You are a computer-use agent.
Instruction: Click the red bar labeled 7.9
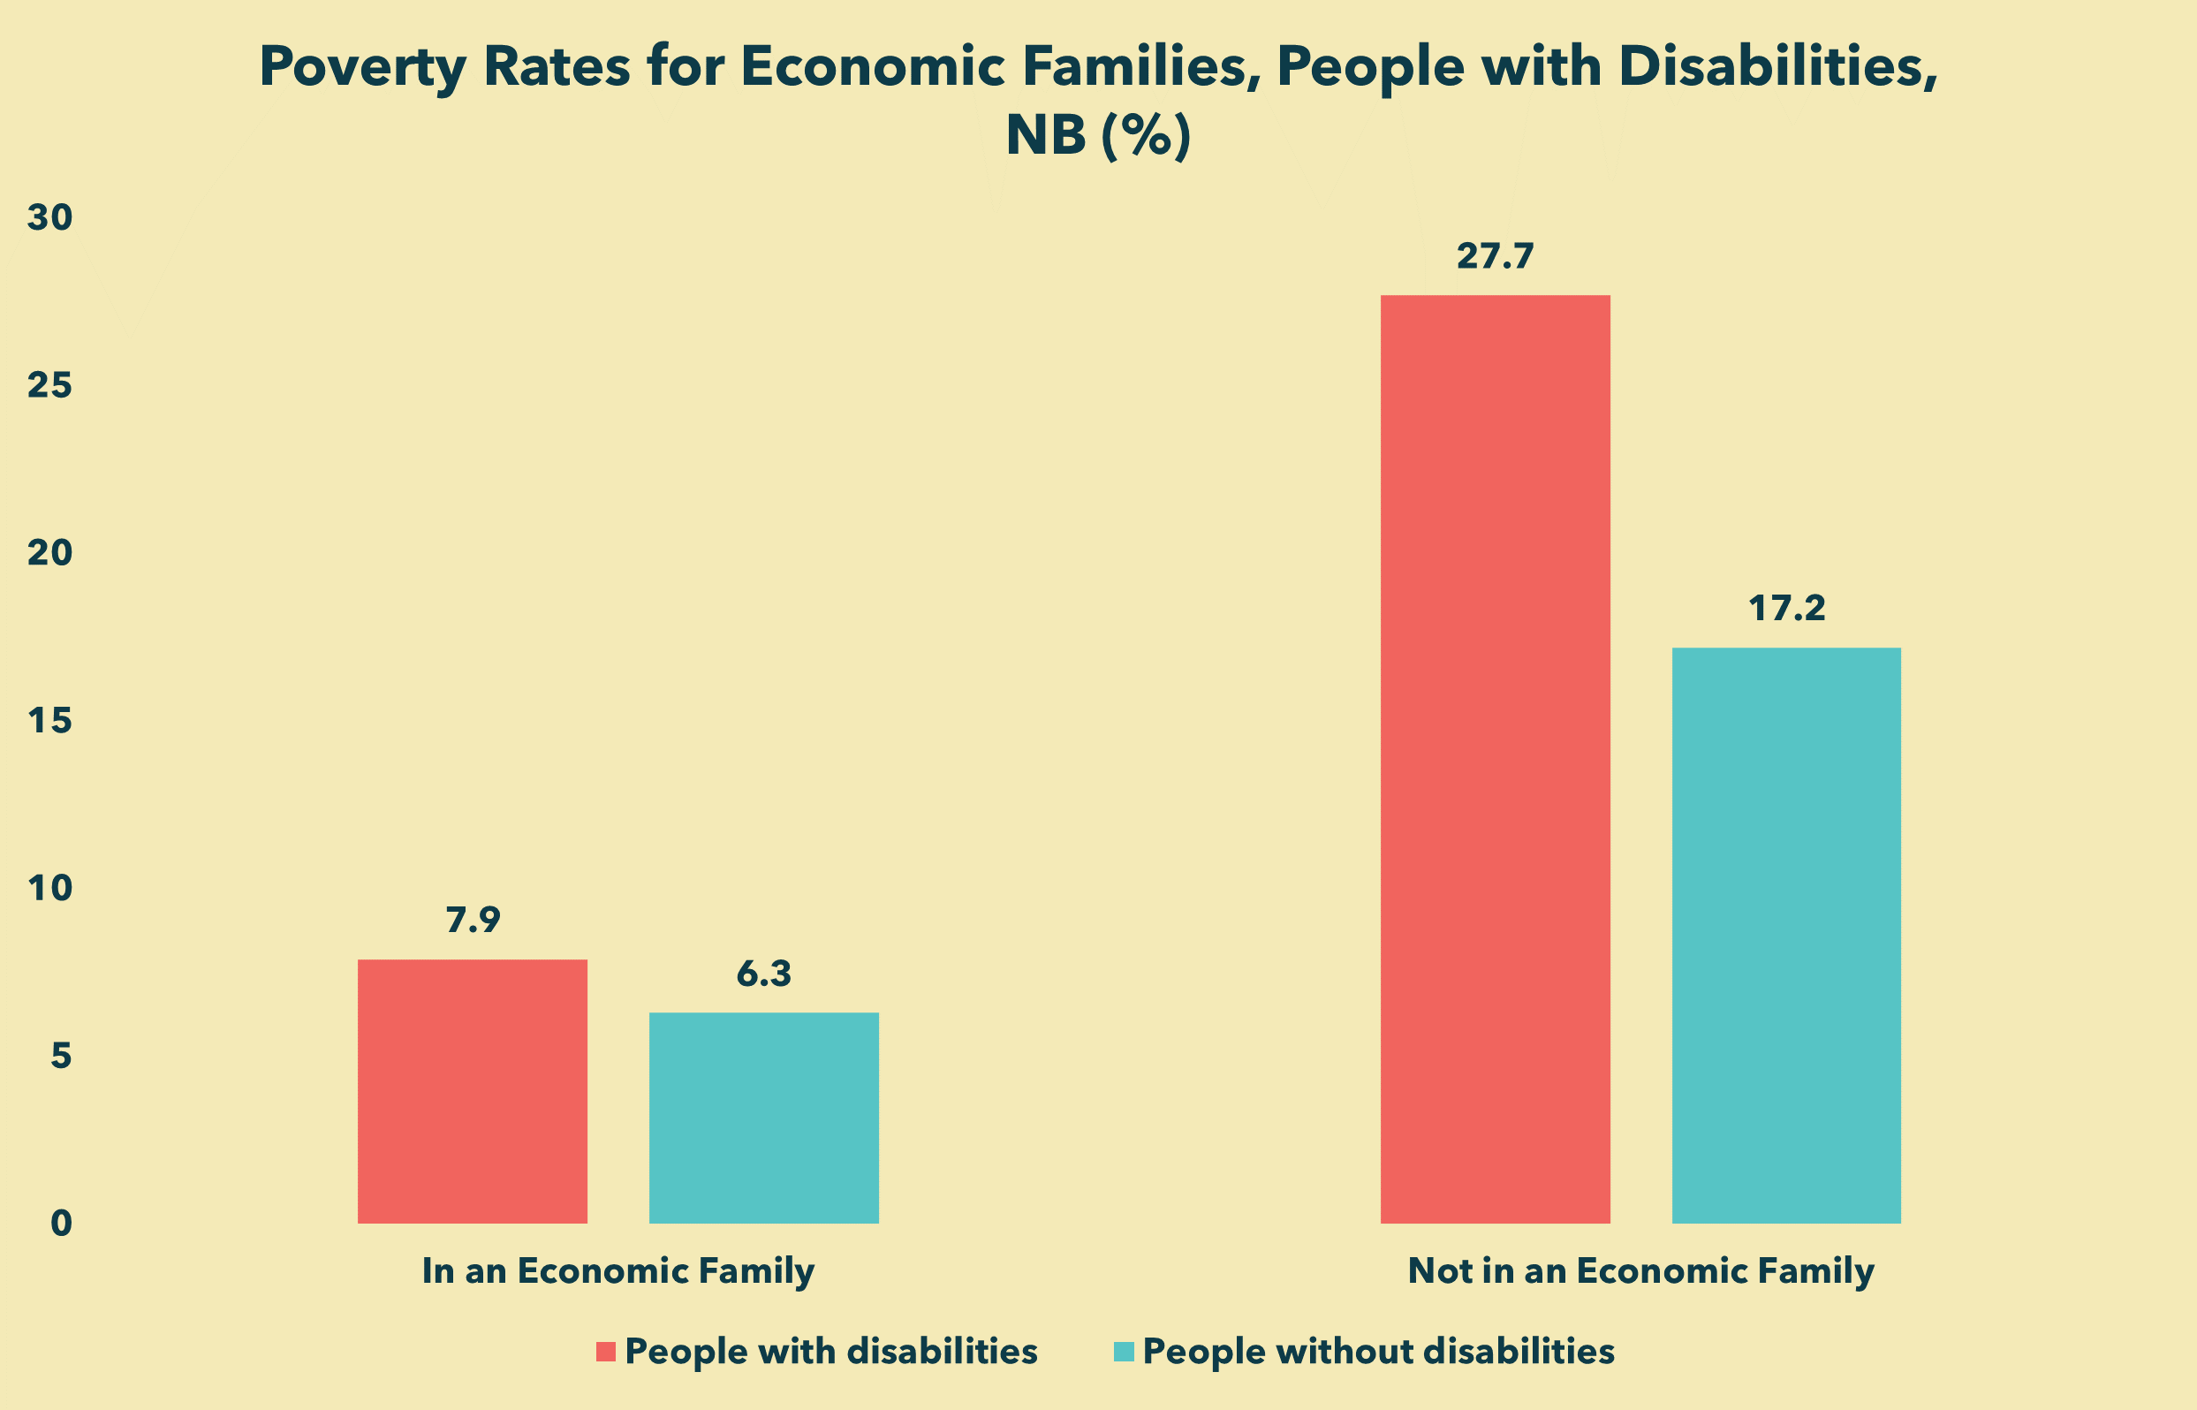tap(473, 1090)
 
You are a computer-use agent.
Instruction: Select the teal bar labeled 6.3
tap(763, 1117)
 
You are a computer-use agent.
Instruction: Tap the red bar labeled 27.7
tap(1495, 759)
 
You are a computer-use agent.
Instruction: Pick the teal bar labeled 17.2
tap(1786, 935)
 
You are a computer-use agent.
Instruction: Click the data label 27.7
tap(1495, 257)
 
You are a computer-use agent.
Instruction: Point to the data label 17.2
tap(1787, 609)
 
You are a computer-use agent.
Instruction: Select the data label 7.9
tap(473, 921)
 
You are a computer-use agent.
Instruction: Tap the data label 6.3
tap(763, 974)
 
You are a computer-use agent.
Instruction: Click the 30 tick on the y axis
tap(49, 218)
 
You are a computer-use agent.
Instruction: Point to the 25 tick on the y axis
tap(49, 385)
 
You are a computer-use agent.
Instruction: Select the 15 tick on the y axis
tap(49, 722)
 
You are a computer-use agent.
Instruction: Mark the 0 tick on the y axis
tap(60, 1224)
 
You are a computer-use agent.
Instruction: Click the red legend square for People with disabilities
tap(605, 1352)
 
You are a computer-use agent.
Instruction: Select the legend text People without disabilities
tap(1379, 1352)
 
